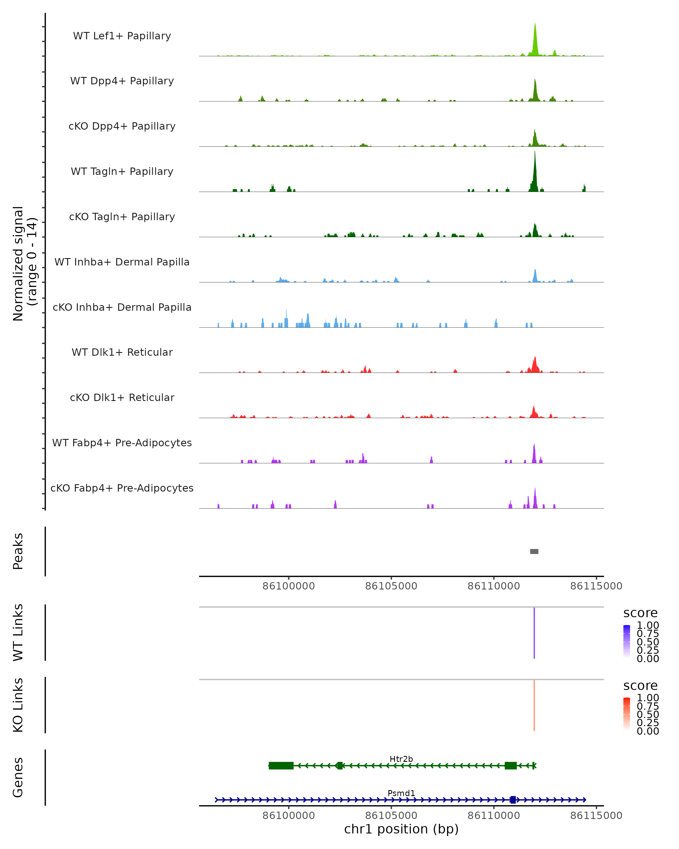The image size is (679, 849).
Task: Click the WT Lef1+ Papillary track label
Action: pos(122,36)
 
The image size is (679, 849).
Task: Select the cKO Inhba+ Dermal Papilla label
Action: pos(122,307)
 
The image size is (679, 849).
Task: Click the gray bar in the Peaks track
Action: pos(534,551)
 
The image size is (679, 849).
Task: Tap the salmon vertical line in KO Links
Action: pos(534,705)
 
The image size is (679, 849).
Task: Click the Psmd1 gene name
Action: pos(401,793)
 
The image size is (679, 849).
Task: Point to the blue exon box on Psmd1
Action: pos(512,800)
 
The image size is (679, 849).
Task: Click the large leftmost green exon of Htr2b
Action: pos(281,766)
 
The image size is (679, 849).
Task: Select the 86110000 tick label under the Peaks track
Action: pos(494,586)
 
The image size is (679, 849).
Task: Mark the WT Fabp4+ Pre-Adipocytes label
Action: pos(122,443)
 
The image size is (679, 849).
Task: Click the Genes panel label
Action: pos(18,777)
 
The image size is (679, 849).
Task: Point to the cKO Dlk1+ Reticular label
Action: pos(122,397)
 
